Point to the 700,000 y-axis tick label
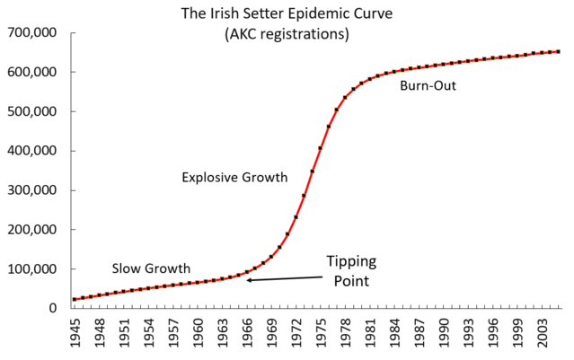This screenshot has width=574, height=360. click(x=32, y=33)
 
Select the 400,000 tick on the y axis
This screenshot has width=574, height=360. click(x=32, y=151)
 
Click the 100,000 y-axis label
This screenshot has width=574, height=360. click(x=32, y=269)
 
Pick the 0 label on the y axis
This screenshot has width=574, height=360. click(x=53, y=308)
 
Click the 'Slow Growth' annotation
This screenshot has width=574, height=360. click(x=151, y=268)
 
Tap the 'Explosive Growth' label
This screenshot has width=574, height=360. click(x=234, y=178)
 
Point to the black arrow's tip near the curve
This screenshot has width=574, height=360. click(x=248, y=281)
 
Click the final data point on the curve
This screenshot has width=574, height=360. click(x=558, y=51)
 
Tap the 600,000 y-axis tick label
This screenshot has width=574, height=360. click(x=32, y=73)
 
